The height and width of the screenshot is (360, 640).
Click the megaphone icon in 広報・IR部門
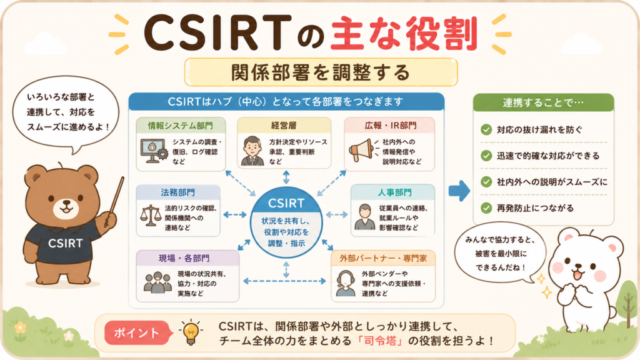(361, 150)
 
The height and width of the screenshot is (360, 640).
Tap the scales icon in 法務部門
(151, 216)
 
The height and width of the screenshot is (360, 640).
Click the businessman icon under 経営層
(252, 151)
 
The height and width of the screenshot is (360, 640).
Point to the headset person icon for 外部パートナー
(346, 283)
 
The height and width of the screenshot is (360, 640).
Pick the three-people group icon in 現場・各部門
(157, 282)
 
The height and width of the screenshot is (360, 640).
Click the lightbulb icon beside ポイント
(191, 332)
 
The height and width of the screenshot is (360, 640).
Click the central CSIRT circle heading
(286, 203)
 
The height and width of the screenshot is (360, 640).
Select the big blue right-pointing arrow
(459, 191)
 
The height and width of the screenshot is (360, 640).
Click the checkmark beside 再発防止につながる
(486, 207)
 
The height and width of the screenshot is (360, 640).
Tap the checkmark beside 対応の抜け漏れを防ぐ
(486, 130)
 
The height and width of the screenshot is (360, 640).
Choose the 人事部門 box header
(393, 192)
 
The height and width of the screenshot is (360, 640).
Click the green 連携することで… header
(543, 102)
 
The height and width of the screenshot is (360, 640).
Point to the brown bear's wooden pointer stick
(114, 201)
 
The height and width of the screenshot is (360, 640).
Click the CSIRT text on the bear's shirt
(65, 243)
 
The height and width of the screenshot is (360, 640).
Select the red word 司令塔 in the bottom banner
(380, 341)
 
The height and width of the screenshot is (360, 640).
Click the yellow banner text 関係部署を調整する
(321, 72)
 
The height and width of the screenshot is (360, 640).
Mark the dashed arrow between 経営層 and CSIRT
(286, 177)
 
